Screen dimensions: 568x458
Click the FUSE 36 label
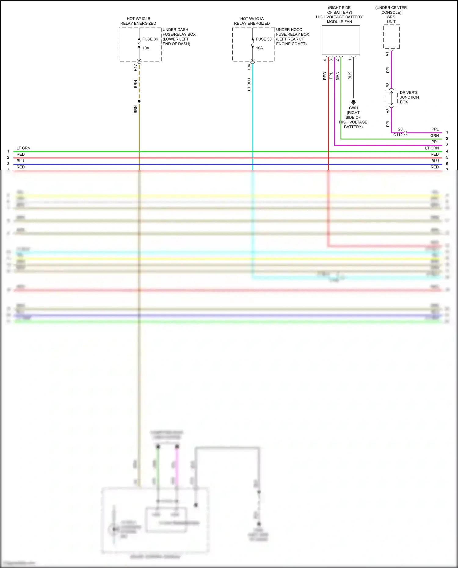[x=150, y=39]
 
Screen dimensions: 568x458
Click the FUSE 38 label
[x=264, y=39]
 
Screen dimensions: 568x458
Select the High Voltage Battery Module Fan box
[x=341, y=40]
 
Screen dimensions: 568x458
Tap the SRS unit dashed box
[x=391, y=37]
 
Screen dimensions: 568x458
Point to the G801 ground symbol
[x=354, y=102]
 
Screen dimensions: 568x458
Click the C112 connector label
[x=398, y=135]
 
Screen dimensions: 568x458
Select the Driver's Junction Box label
[x=409, y=97]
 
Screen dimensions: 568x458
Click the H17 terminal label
[x=136, y=68]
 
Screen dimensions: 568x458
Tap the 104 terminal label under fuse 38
[x=249, y=67]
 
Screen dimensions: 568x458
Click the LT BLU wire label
[x=249, y=85]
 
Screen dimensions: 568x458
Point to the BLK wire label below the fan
[x=350, y=76]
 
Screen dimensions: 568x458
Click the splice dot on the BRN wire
[x=139, y=101]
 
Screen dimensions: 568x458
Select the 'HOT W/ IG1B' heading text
[x=138, y=19]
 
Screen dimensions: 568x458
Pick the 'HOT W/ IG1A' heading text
[x=252, y=19]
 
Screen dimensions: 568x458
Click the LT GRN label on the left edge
[x=24, y=148]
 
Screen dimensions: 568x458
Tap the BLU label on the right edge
[x=435, y=161]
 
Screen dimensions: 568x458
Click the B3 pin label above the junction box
[x=388, y=85]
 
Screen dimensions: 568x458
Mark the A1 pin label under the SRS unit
[x=387, y=54]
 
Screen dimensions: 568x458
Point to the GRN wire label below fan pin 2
[x=337, y=76]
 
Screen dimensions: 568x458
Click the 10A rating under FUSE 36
[x=146, y=48]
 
